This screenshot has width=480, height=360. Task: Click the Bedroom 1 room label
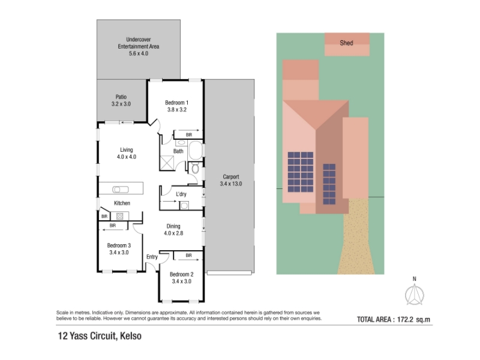point(176,103)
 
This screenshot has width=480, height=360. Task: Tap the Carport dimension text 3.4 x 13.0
point(231,184)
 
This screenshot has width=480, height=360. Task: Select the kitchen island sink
point(121,190)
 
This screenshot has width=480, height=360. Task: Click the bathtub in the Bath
point(196,151)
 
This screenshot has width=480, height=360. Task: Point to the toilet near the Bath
point(195,168)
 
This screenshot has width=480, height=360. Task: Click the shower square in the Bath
point(167,162)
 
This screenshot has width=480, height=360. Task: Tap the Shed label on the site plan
point(346,43)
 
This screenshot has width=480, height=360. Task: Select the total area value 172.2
point(405,320)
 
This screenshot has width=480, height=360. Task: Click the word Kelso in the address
point(131,336)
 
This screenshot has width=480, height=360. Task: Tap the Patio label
point(121,97)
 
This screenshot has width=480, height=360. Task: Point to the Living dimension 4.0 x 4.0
point(127,157)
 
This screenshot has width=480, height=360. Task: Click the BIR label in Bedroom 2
point(188,256)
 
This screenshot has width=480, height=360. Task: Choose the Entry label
point(152,257)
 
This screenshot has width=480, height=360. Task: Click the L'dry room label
point(181,194)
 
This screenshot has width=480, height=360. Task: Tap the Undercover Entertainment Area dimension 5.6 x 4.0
point(139,53)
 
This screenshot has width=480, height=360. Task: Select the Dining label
point(173,226)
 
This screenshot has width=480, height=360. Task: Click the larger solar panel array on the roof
point(301,172)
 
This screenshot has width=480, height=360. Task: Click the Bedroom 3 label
point(119,245)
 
